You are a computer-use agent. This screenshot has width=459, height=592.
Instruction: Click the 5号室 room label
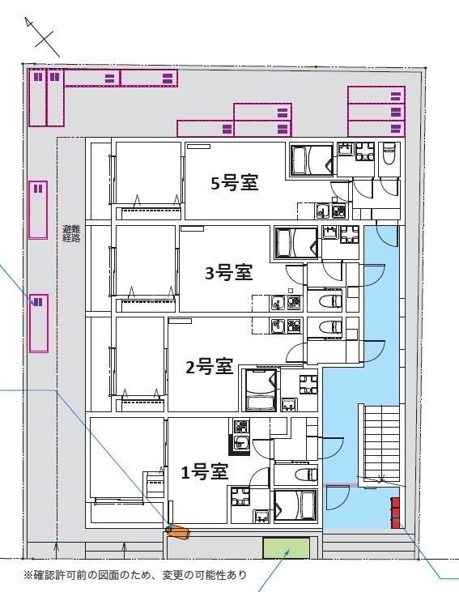[234, 183]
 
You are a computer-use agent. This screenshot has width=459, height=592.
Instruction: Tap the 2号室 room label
[210, 368]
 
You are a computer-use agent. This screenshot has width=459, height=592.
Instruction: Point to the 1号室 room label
[203, 471]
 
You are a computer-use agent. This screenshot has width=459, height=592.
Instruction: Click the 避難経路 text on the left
[71, 234]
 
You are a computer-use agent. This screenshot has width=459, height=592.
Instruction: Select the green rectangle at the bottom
[287, 548]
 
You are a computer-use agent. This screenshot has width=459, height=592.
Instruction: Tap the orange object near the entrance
[177, 532]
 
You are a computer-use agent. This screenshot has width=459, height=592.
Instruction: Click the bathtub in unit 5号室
[311, 159]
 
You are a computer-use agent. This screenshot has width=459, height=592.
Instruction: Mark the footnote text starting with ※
[134, 576]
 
